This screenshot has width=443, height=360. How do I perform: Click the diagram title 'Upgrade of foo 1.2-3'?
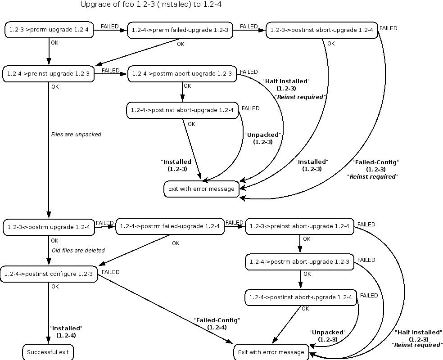[x=117, y=4]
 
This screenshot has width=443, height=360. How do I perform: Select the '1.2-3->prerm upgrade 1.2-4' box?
[x=49, y=30]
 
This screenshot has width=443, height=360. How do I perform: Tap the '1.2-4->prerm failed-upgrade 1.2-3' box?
[x=180, y=30]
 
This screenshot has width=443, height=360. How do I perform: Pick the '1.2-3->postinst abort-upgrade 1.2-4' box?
[x=322, y=30]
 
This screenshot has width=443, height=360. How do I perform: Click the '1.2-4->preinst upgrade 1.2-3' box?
[x=49, y=74]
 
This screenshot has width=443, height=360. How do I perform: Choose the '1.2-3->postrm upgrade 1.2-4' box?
[x=49, y=227]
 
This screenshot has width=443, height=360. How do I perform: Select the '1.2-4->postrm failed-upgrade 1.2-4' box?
[x=170, y=226]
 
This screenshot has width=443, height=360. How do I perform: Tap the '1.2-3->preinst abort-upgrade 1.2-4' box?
[x=299, y=226]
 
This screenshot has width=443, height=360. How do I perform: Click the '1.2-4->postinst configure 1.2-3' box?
[x=49, y=274]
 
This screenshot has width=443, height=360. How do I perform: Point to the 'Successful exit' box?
[x=48, y=352]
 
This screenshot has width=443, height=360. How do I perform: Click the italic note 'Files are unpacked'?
[x=76, y=135]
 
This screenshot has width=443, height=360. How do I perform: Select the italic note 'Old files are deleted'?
[x=78, y=251]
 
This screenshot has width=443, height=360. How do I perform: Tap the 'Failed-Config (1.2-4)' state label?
[x=217, y=324]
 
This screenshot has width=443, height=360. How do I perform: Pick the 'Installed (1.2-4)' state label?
[x=66, y=332]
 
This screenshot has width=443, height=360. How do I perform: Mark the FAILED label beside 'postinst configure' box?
[x=110, y=272]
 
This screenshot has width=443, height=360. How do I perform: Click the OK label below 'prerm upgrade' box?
[x=54, y=43]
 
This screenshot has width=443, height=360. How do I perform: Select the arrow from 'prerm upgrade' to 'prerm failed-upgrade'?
[x=110, y=30]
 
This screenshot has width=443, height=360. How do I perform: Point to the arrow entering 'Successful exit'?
[x=49, y=313]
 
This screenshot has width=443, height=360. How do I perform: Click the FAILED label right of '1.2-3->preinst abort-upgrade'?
[x=366, y=225]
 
